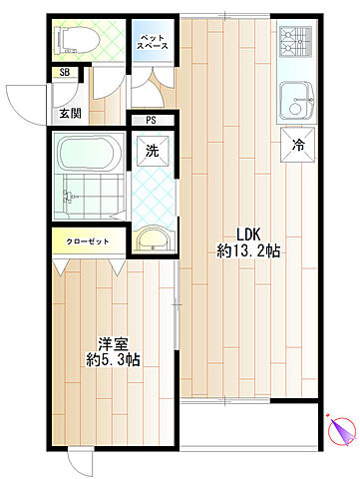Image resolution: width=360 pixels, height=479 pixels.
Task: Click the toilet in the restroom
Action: click(78, 41)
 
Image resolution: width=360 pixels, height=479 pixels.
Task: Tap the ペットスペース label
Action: click(153, 42)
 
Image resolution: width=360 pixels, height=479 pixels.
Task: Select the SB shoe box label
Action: click(65, 72)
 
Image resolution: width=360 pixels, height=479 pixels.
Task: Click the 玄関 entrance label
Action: click(70, 114)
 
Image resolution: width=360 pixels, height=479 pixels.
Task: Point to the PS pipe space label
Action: click(151, 120)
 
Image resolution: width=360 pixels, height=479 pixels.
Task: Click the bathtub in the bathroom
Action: click(87, 153)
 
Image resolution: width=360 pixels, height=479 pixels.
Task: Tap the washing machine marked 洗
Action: click(153, 152)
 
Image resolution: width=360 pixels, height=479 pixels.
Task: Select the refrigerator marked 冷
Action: click(298, 145)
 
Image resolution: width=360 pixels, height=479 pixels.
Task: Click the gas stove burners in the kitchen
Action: click(295, 42)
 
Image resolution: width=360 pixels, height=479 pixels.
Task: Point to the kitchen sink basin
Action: click(297, 101)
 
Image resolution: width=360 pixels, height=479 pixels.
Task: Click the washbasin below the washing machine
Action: click(154, 239)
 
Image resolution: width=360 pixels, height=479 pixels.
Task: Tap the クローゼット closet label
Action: click(88, 241)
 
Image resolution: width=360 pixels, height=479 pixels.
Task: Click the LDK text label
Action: click(248, 235)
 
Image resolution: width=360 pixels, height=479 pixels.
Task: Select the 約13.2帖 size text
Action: click(248, 251)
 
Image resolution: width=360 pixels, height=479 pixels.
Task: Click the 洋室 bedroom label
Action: click(113, 344)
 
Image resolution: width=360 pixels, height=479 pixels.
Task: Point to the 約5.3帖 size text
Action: click(113, 360)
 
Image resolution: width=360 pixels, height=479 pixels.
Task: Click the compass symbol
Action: click(342, 429)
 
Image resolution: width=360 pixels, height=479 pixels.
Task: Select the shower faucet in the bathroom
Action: click(70, 197)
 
